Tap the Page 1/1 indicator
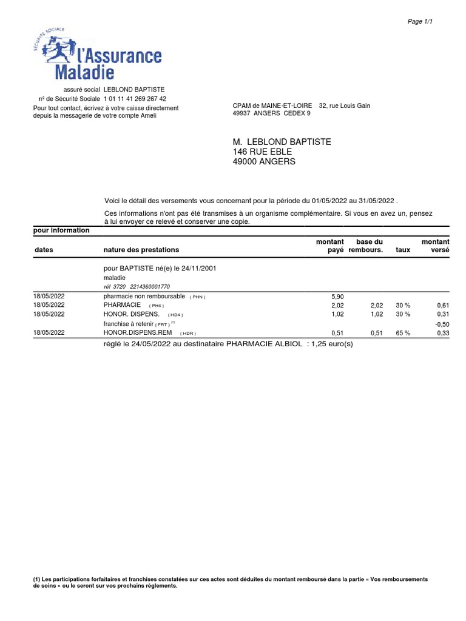[x=420, y=21]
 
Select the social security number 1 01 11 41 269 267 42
[x=135, y=98]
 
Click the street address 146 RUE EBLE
[x=262, y=152]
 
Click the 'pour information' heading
[x=61, y=230]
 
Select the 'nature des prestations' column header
[x=141, y=250]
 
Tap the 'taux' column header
[x=402, y=250]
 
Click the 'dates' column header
[x=44, y=250]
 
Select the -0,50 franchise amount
[x=442, y=324]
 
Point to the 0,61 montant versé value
[x=442, y=306]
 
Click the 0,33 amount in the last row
[x=442, y=333]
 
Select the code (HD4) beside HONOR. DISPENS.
[x=175, y=315]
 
